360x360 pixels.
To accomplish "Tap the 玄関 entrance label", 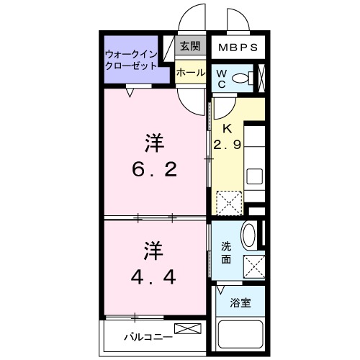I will click(190, 48).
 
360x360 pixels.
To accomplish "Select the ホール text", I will click(190, 73).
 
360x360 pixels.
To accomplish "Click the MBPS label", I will click(237, 48).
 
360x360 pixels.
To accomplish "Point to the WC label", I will click(222, 78).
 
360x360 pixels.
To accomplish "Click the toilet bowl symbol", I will click(243, 78).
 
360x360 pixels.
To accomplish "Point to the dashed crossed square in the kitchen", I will click(230, 202).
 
